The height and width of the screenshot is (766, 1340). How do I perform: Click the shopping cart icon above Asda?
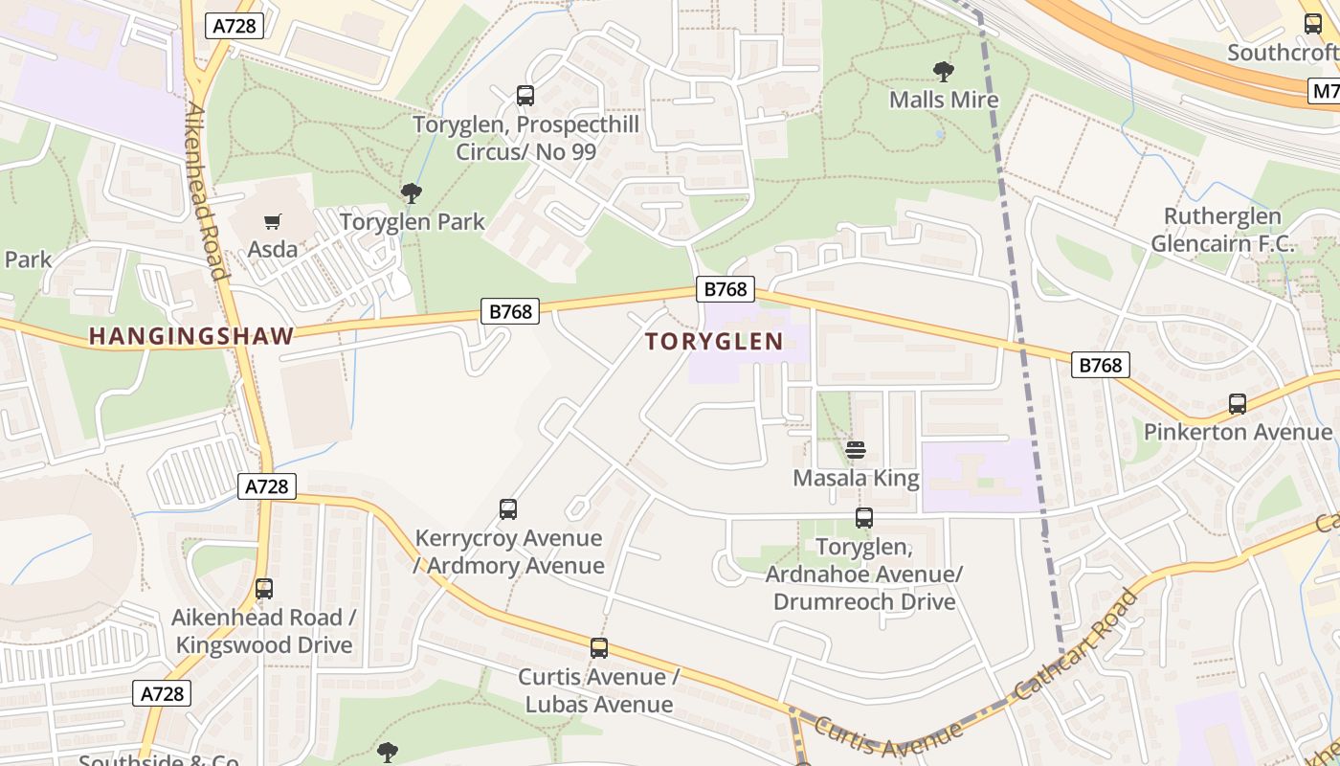coord(272,222)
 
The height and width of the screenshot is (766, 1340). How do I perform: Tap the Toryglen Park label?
coord(413,221)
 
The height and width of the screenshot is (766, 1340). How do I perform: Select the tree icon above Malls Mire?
coord(943,72)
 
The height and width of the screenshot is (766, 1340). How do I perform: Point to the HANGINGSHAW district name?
coord(191,336)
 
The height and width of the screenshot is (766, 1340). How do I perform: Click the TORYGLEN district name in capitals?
coord(714,341)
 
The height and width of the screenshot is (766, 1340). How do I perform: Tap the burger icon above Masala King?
coord(856,450)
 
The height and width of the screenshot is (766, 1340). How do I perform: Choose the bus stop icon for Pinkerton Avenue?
coord(1238,404)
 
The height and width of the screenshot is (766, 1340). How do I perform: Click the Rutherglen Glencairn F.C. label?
coord(1222,230)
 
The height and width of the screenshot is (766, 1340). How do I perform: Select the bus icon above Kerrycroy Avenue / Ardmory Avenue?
coord(508,509)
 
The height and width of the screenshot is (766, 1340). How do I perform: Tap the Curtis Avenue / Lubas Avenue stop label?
coord(598,690)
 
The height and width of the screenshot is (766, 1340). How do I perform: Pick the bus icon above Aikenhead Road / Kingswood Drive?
coord(264,589)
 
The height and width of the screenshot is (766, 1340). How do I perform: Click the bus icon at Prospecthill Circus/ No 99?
coord(525,96)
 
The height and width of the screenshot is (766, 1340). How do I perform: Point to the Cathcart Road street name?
coord(1077,642)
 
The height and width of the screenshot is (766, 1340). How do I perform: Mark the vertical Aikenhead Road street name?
coord(208,191)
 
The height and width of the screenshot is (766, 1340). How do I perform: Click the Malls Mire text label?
coord(944,100)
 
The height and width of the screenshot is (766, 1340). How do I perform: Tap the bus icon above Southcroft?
coord(1313,24)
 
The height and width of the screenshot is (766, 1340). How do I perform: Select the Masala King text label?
coord(856,478)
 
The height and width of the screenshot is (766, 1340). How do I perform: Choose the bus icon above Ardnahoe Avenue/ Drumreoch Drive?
coord(864,518)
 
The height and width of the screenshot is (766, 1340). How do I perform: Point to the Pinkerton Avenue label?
coord(1238,432)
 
